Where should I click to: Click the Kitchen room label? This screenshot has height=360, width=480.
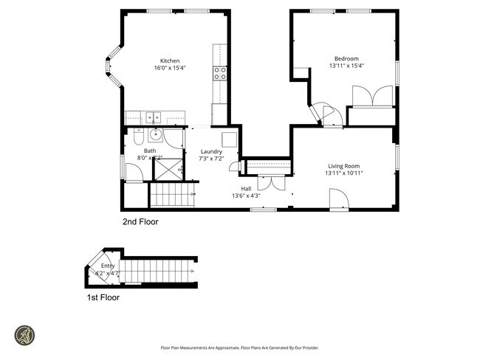click(x=170, y=61)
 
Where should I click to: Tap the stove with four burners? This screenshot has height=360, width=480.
click(x=220, y=72)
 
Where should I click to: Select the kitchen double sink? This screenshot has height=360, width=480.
click(x=154, y=117)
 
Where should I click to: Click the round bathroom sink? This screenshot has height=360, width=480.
click(x=156, y=134)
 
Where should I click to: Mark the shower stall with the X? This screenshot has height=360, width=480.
click(x=167, y=170)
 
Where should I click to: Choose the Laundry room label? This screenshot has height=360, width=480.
click(x=211, y=151)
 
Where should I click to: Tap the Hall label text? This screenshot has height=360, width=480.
click(x=246, y=188)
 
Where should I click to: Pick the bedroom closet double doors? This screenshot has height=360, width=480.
click(x=374, y=97)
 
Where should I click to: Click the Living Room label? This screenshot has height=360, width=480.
click(x=343, y=166)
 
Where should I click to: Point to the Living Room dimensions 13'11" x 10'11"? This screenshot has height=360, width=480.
click(x=343, y=173)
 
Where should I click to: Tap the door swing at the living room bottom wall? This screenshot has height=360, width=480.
click(x=338, y=198)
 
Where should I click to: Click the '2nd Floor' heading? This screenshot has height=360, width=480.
click(x=140, y=221)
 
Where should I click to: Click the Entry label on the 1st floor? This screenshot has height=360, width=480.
click(x=108, y=266)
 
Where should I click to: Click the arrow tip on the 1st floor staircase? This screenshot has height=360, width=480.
click(x=194, y=272)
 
